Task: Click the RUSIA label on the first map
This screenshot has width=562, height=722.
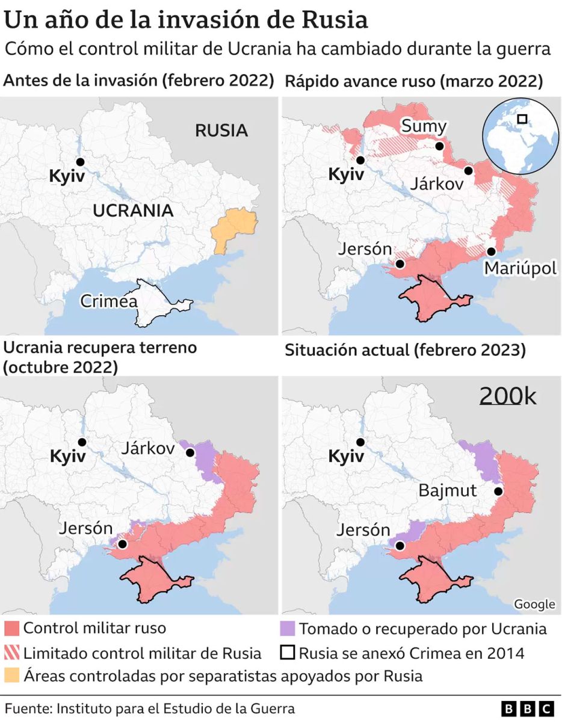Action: click(221, 130)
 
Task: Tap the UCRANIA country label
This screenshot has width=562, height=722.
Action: click(133, 211)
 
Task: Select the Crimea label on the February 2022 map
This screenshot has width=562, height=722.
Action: click(108, 301)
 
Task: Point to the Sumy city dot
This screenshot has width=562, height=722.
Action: click(440, 146)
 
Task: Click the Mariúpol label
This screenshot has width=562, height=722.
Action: click(520, 268)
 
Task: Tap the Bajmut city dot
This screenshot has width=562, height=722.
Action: click(499, 491)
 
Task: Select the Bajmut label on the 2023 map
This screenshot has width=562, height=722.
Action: click(448, 490)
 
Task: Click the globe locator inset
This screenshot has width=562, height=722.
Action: click(521, 135)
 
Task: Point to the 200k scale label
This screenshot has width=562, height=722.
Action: click(508, 396)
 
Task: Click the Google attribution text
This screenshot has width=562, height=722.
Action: click(534, 604)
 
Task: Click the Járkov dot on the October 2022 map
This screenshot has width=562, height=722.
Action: click(190, 452)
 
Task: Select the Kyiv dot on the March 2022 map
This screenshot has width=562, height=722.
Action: click(360, 161)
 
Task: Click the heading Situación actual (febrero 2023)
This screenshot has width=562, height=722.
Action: click(405, 350)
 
